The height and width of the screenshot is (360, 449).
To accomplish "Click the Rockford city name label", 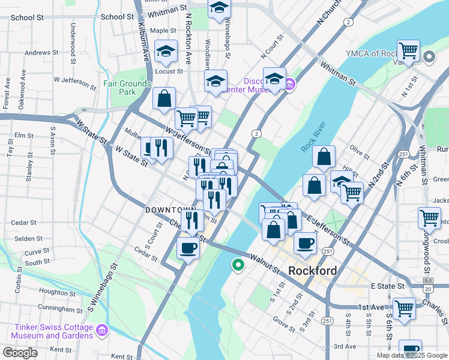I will coord(312,271).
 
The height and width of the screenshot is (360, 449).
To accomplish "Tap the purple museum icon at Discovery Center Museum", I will coord(291,83).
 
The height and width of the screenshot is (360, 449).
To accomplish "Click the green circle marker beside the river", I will coord(238,264).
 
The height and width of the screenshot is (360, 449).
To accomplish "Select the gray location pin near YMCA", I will coord(429,58).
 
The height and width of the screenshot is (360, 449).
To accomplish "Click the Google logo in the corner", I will coord(20,353).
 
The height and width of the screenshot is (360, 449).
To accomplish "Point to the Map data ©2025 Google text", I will coord(411,355).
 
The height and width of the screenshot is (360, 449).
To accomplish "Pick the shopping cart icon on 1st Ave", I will coord(405,308).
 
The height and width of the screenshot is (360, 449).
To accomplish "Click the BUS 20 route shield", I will coord(428,284).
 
